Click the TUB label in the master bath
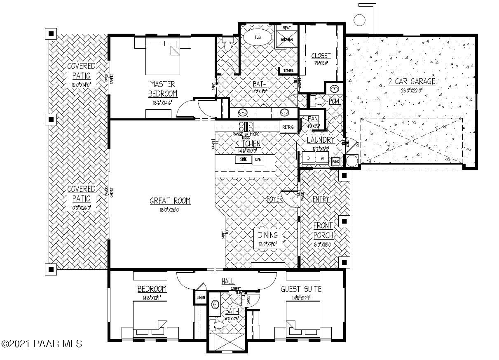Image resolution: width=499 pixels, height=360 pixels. [258, 38]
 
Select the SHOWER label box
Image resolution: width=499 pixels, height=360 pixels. [287, 40]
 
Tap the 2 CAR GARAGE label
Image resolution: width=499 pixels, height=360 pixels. [412, 81]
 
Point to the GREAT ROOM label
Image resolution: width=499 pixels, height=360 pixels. [170, 201]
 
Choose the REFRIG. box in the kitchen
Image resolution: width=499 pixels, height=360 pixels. [288, 127]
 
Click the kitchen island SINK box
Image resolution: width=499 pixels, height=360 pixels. [243, 159]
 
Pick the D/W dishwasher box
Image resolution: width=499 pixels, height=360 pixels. [258, 160]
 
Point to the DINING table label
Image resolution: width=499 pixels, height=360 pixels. [268, 235]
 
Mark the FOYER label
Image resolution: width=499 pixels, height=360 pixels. [274, 199]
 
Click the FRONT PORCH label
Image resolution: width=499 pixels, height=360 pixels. [323, 231]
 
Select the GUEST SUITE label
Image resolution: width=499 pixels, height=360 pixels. [301, 289]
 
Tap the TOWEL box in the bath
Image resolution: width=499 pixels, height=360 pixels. [288, 71]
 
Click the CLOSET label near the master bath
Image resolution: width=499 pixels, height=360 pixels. [321, 56]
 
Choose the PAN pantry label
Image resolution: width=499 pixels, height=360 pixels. [313, 119]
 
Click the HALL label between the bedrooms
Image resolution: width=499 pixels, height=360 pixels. [228, 281]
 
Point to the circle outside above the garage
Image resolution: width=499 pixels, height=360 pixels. [360, 19]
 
